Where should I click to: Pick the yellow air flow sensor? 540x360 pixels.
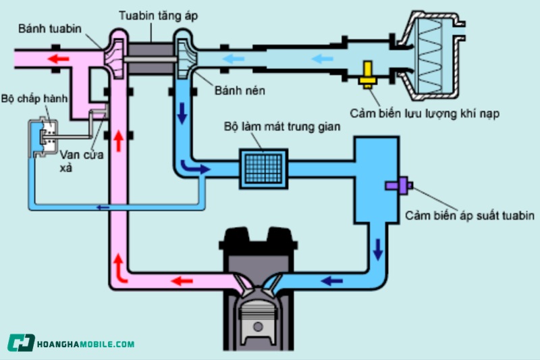pyautogui.click(x=368, y=75)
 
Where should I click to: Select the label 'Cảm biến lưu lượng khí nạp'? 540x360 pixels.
pyautogui.click(x=425, y=113)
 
